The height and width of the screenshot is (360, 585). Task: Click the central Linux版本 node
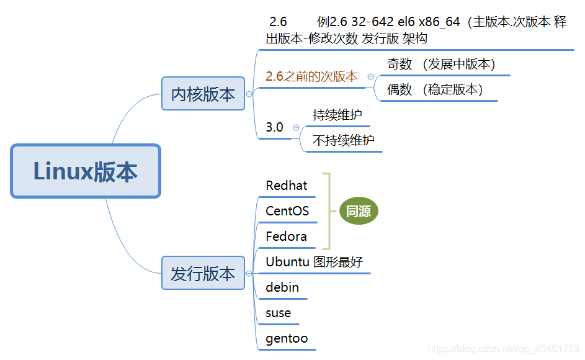pos(86,171)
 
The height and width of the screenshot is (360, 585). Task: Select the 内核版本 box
pos(203,94)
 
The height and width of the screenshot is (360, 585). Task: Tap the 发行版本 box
pos(203,273)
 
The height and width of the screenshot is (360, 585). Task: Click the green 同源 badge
pos(359,212)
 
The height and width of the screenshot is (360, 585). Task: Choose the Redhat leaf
pos(286,186)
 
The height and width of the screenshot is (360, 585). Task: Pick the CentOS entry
pos(287,211)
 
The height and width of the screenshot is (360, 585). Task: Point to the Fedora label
pos(286,236)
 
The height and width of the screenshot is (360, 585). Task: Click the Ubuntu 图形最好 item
pos(314,262)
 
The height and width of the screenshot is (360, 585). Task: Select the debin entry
pos(282,287)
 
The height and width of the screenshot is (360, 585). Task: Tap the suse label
pos(278,313)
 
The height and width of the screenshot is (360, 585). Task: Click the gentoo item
pos(287,339)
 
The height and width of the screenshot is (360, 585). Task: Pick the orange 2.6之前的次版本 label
pos(311,76)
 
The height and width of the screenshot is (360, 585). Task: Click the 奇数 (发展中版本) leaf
pos(441,64)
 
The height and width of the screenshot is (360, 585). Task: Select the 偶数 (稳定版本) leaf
pos(435,89)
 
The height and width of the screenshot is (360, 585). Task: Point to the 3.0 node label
pos(274,127)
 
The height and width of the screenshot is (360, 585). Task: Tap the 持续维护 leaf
pos(337,115)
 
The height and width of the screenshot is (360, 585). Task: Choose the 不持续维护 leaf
pos(344,140)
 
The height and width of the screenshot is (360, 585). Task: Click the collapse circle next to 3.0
pos(296,127)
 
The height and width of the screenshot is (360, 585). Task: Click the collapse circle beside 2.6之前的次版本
pos(370,76)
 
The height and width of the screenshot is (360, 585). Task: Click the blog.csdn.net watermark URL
pos(504,349)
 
